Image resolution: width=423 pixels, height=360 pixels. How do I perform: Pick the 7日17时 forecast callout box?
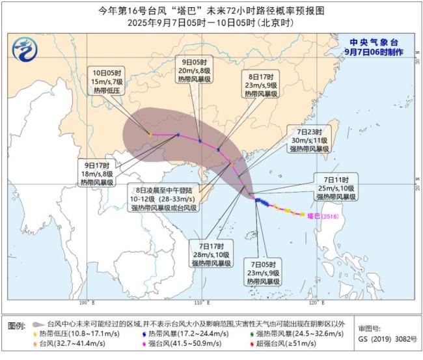(212, 255)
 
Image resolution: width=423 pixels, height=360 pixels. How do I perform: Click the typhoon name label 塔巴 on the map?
(314, 215)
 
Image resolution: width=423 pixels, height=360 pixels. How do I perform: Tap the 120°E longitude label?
(314, 303)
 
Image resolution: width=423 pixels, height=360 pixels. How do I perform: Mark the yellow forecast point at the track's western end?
(150, 134)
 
